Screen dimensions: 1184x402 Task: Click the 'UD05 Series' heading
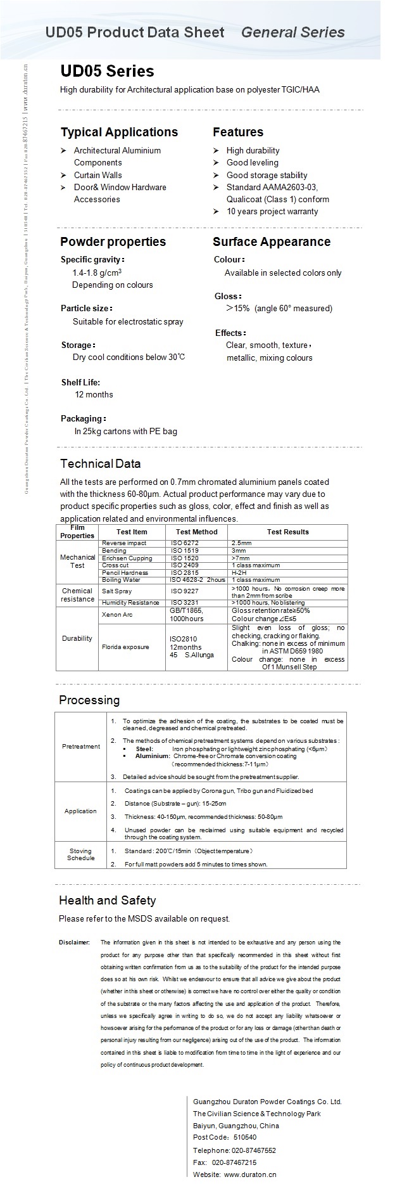[107, 71]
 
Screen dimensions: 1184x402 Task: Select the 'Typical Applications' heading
[119, 132]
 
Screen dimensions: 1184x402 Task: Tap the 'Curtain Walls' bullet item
[97, 175]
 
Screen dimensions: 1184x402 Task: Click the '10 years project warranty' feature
[272, 211]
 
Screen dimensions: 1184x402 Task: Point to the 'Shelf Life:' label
[80, 382]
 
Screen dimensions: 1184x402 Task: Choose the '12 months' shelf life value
[94, 394]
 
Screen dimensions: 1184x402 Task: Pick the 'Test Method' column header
[196, 532]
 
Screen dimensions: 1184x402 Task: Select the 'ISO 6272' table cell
[184, 543]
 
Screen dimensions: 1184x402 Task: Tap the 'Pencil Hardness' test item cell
[125, 572]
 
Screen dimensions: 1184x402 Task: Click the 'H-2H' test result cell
[241, 572]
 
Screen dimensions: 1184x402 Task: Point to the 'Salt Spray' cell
[117, 591]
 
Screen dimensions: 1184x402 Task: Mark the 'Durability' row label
[77, 638]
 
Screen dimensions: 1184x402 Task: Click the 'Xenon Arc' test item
[117, 615]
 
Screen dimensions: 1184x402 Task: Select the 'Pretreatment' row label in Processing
[81, 746]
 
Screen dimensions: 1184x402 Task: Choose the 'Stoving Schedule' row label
[81, 854]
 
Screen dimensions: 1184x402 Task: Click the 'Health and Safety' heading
[107, 900]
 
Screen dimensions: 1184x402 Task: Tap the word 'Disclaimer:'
[75, 943]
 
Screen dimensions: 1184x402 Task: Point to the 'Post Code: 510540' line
[225, 1137]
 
